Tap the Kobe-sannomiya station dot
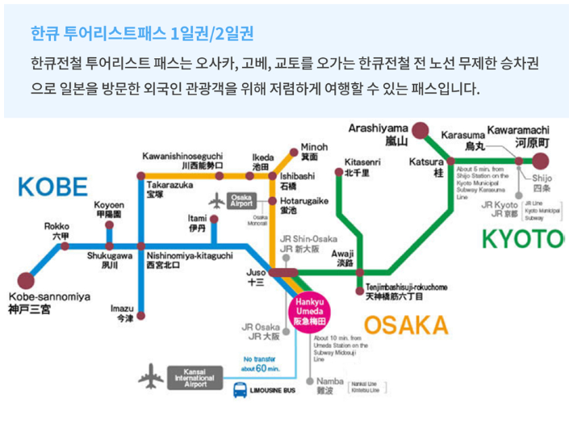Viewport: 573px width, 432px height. coord(26,283)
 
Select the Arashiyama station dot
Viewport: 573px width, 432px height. coord(420,130)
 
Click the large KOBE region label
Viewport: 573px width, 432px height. coord(52,187)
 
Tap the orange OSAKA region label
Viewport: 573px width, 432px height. coord(405,325)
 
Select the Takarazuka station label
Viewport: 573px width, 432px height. coord(170,189)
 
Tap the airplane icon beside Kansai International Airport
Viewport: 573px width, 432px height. coord(151,375)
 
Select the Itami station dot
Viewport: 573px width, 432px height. coord(214,219)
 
